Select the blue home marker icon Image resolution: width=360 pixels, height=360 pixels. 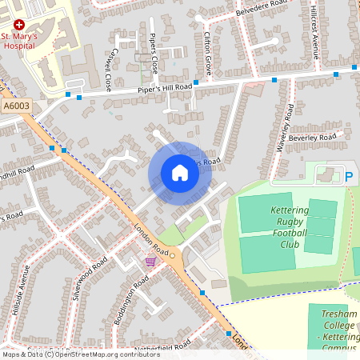[179, 173]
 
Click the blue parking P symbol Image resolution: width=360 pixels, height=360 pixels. [349, 175]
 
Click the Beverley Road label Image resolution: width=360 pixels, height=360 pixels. [313, 138]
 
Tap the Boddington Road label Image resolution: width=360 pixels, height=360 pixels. [131, 295]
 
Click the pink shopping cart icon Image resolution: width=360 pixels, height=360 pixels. [150, 261]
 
